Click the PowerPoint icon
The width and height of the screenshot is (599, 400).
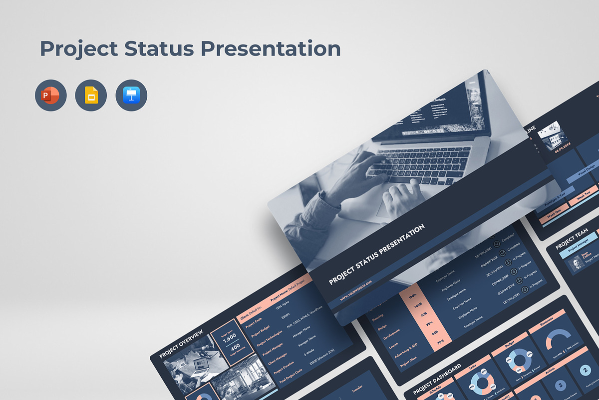tap(50, 95)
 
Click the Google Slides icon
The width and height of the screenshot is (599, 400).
tap(91, 95)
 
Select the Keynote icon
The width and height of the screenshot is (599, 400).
tap(131, 95)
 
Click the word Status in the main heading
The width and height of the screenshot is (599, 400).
tap(157, 49)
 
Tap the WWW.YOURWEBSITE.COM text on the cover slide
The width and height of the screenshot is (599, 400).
tap(356, 290)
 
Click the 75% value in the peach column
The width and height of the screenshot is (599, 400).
tap(428, 323)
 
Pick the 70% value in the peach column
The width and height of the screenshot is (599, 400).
tap(440, 342)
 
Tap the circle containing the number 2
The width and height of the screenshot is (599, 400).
tap(585, 370)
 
